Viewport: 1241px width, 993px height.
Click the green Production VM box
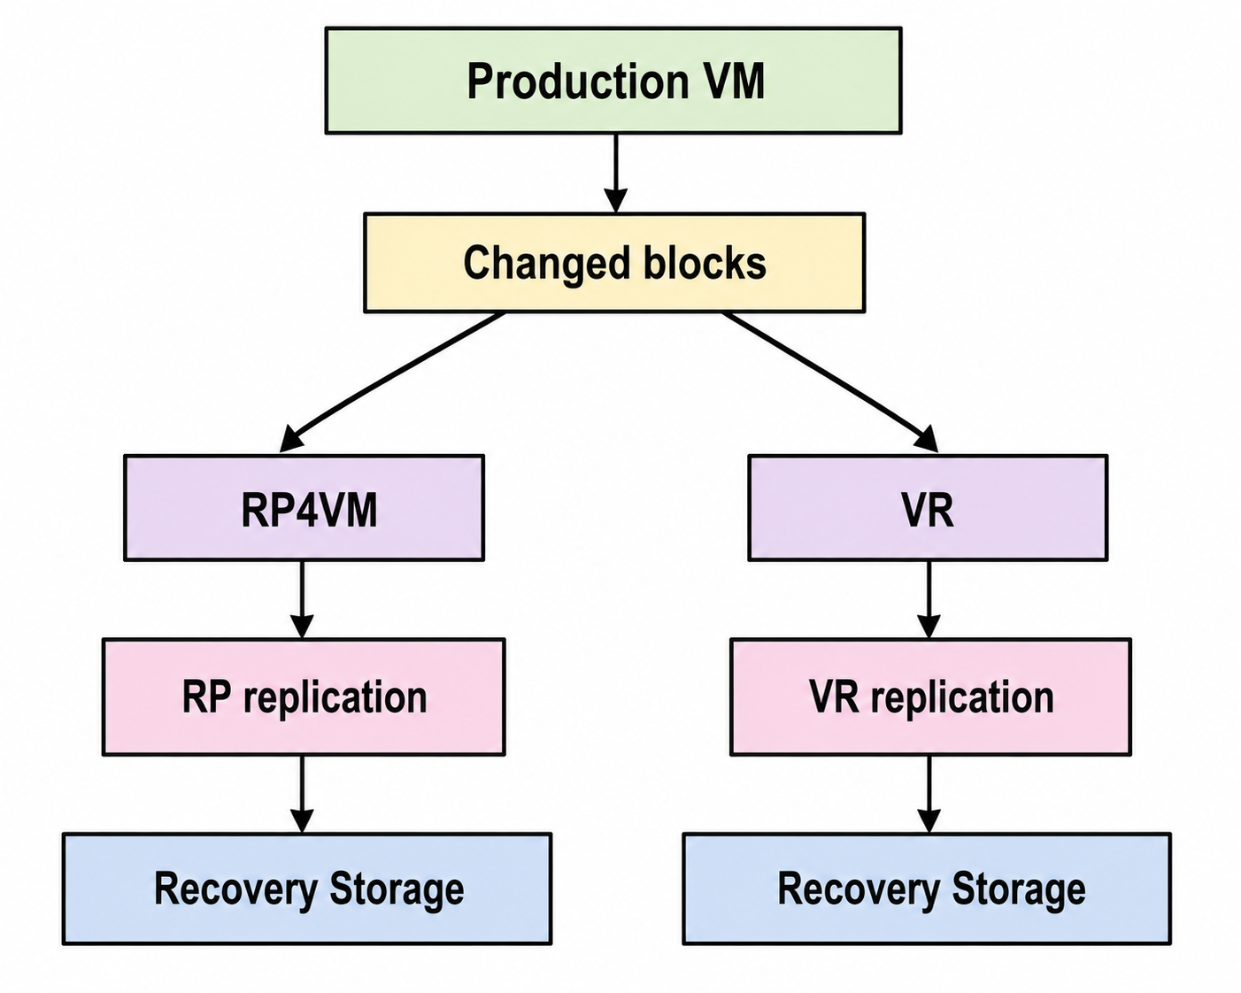pyautogui.click(x=613, y=81)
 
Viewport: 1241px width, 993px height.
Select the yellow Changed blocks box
pyautogui.click(x=614, y=263)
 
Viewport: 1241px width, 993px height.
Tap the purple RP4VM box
pyautogui.click(x=304, y=507)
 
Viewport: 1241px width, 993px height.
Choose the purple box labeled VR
pyautogui.click(x=928, y=507)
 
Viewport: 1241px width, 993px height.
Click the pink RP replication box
pyautogui.click(x=304, y=697)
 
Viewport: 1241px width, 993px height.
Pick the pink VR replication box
pyautogui.click(x=931, y=697)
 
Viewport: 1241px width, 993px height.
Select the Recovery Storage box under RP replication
pyautogui.click(x=307, y=888)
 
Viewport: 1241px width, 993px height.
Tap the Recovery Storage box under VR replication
pyautogui.click(x=928, y=888)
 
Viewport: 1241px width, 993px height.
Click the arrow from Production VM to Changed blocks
pyautogui.click(x=616, y=173)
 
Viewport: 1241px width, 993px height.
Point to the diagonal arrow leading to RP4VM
pyautogui.click(x=391, y=382)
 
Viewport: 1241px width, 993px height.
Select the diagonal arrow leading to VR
pyautogui.click(x=830, y=382)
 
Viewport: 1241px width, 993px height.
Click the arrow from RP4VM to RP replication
pyautogui.click(x=302, y=599)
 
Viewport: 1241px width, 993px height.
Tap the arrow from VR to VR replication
pyautogui.click(x=929, y=599)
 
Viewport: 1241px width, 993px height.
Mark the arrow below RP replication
pyautogui.click(x=302, y=794)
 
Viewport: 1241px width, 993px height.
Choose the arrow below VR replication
pyautogui.click(x=929, y=794)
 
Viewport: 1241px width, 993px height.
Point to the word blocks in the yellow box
pyautogui.click(x=705, y=263)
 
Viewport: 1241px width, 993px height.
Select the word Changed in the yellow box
pyautogui.click(x=547, y=265)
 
